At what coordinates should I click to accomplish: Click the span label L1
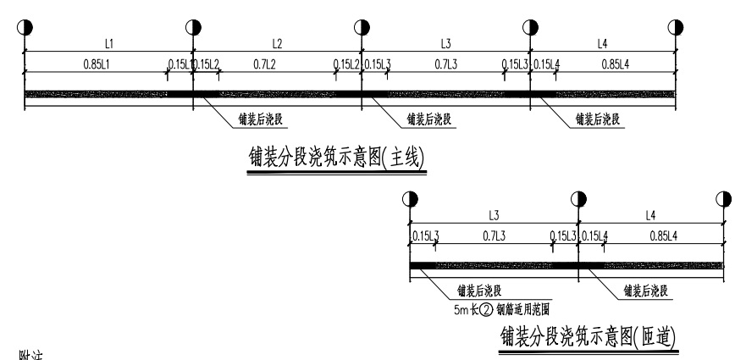pos(109,42)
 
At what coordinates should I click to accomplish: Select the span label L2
pos(277,42)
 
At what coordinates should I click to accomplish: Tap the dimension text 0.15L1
pos(179,64)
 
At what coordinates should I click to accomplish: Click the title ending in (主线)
pos(336,158)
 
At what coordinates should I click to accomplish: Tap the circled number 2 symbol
pos(485,309)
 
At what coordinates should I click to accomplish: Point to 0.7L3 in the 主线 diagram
pos(446,64)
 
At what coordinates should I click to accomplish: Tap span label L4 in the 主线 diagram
pos(602,42)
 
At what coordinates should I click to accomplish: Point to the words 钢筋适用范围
pos(523,309)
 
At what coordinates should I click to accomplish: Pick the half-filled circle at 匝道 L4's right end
pos(723,199)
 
